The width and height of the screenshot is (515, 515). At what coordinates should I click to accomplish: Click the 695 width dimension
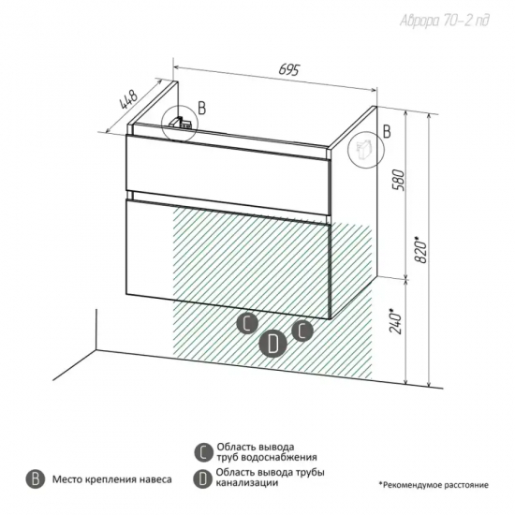coord(289,69)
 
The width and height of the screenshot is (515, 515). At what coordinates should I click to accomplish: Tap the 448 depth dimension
coord(128,99)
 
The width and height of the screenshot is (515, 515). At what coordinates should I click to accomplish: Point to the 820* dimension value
coord(421,249)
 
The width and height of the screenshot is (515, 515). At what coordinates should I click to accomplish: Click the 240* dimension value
coord(395,320)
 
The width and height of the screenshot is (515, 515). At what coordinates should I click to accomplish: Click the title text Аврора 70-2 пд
coord(445,21)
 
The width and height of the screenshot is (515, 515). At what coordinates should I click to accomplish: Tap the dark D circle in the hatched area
coord(272,345)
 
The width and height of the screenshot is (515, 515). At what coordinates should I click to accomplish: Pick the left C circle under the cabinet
coord(247,324)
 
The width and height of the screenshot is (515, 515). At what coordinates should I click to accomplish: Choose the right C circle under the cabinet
coord(302,331)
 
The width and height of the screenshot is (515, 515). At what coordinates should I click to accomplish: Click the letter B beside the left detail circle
coord(202,108)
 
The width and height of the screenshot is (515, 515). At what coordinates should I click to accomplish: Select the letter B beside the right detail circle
coord(388,131)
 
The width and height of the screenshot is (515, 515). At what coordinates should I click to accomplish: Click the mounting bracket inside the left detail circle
coord(180,123)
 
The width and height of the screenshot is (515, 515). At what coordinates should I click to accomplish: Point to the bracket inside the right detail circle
coord(364,148)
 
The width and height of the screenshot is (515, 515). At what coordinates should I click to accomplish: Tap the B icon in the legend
coord(36,479)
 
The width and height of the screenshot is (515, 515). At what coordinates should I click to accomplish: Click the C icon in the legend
coord(203,452)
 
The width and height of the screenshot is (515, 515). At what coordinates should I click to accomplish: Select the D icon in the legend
coord(203,478)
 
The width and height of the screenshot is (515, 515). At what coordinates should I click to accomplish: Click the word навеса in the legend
coord(155,479)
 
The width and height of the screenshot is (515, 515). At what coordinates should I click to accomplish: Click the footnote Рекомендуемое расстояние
coord(434,485)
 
